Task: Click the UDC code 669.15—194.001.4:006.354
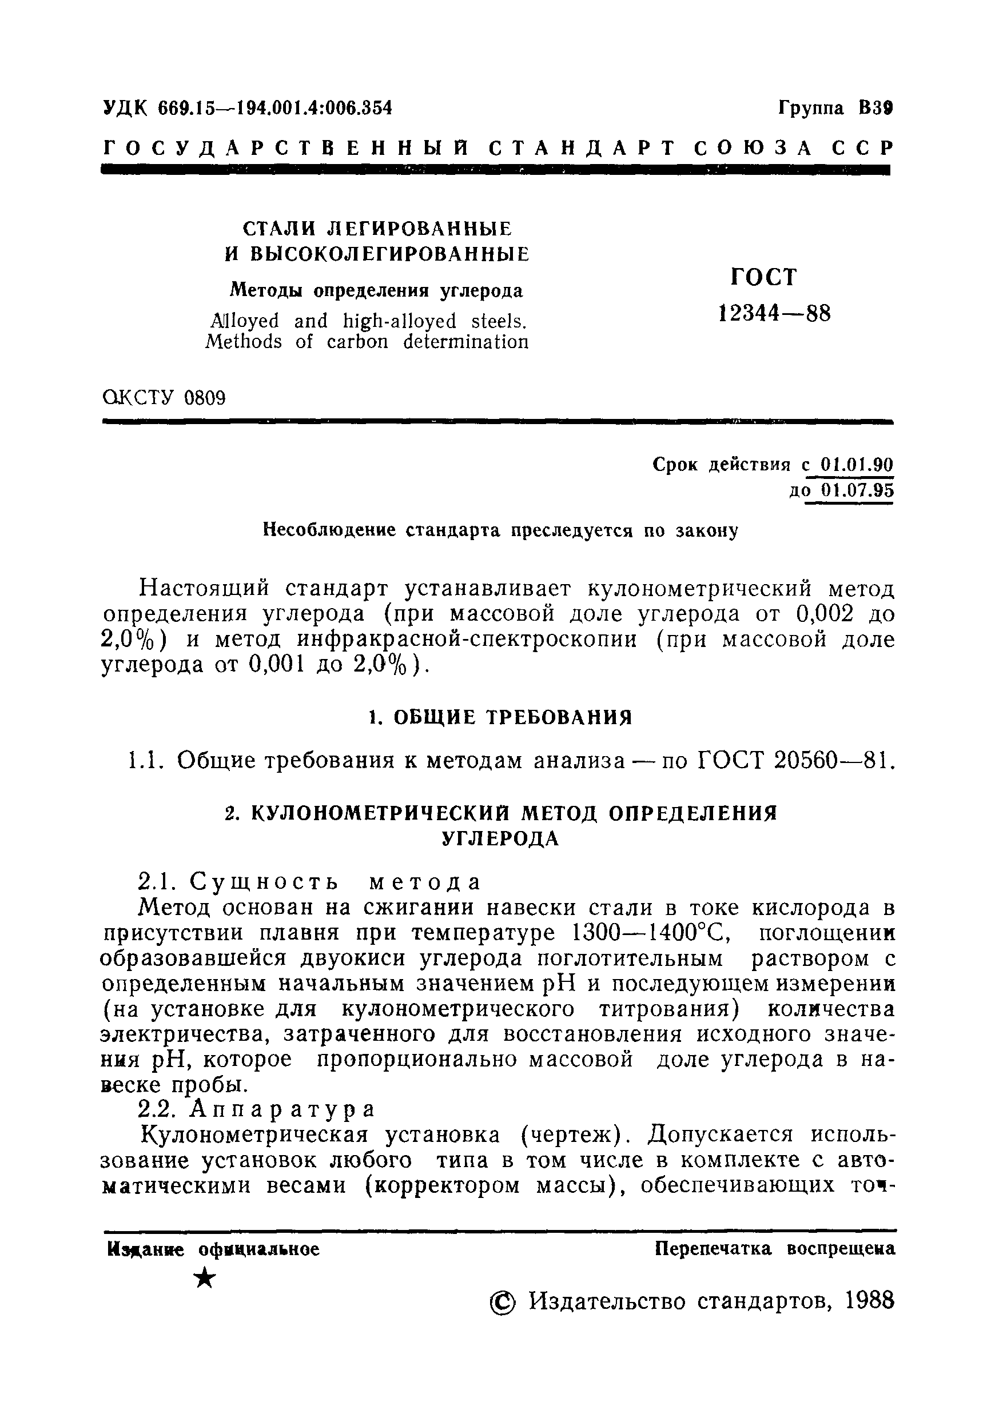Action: pyautogui.click(x=275, y=108)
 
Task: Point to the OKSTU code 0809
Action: pyautogui.click(x=205, y=398)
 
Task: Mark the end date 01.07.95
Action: pyautogui.click(x=857, y=491)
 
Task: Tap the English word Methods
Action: pyautogui.click(x=243, y=342)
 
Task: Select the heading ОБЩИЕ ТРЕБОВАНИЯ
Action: pyautogui.click(x=513, y=717)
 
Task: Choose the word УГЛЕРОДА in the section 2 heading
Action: pyautogui.click(x=500, y=838)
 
